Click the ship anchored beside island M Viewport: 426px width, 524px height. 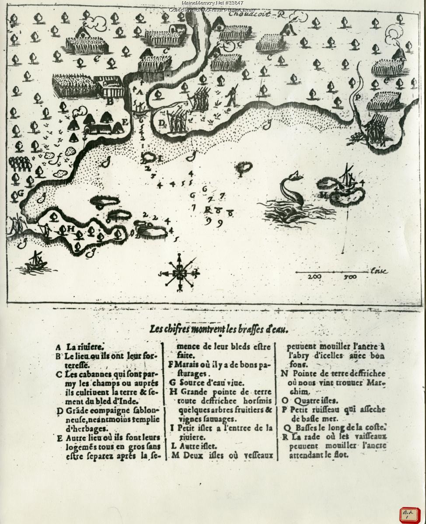click(x=348, y=179)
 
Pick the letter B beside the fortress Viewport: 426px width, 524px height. click(x=111, y=102)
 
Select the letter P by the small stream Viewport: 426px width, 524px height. click(x=358, y=97)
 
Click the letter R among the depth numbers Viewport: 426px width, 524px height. click(x=208, y=209)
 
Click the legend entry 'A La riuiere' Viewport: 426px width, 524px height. click(x=79, y=348)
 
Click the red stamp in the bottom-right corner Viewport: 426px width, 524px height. click(x=407, y=514)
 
